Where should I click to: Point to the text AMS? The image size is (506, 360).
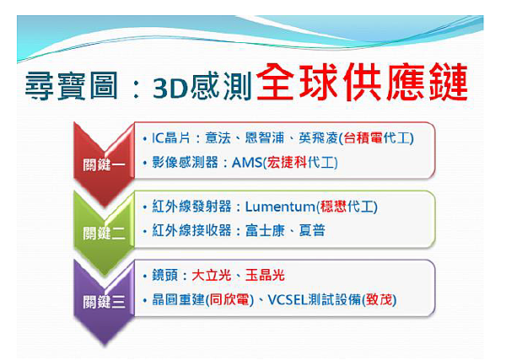(x=245, y=162)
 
